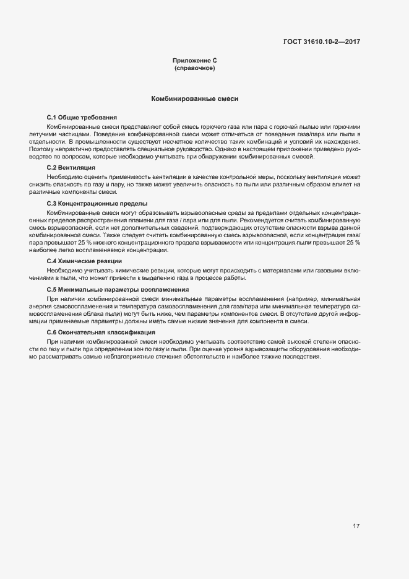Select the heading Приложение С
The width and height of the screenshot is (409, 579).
point(194,61)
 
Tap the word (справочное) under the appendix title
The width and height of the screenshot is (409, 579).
point(194,67)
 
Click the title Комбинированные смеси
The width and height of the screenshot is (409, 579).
point(194,98)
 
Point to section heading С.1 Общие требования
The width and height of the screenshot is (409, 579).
point(82,118)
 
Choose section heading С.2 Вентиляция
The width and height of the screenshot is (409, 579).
point(71,168)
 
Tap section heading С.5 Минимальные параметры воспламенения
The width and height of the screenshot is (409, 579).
point(118,290)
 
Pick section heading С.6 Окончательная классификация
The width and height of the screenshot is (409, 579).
point(101,333)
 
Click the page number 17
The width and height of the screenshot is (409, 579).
point(356,526)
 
